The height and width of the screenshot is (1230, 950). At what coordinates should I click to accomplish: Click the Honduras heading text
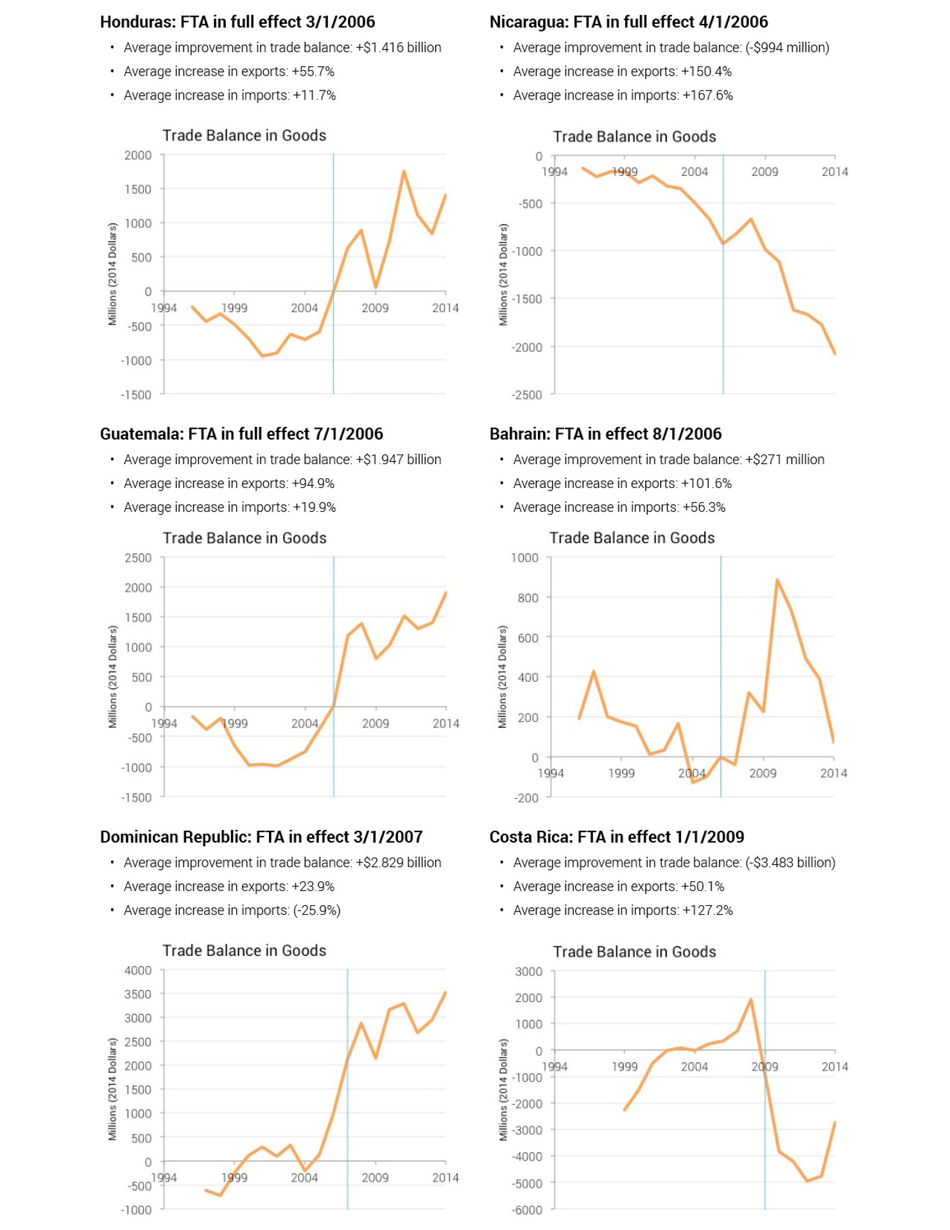[237, 22]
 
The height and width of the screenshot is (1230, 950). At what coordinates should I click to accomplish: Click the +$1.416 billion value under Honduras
[398, 48]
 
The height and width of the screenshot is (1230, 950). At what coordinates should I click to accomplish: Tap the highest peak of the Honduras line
[404, 171]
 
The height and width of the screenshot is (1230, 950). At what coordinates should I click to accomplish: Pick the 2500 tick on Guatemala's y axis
[138, 558]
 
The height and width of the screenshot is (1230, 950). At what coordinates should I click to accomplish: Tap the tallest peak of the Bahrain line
[777, 580]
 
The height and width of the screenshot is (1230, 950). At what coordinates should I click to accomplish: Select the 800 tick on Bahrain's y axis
[528, 598]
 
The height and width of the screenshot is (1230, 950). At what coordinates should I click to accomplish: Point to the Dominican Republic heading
[261, 837]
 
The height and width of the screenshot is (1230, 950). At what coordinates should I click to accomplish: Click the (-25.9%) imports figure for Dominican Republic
[316, 910]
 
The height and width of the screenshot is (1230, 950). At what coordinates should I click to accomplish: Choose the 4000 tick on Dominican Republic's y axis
[138, 970]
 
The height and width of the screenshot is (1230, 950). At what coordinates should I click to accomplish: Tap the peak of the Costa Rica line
[750, 1000]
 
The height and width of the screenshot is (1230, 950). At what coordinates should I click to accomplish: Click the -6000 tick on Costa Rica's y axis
[527, 1210]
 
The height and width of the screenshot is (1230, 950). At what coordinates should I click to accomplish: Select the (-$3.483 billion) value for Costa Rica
[790, 863]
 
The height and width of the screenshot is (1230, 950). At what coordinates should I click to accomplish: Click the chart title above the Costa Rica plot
[634, 951]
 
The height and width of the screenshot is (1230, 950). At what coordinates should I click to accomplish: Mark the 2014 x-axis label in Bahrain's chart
[833, 774]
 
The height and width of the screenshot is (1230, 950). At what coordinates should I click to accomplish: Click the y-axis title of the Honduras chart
[112, 274]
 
